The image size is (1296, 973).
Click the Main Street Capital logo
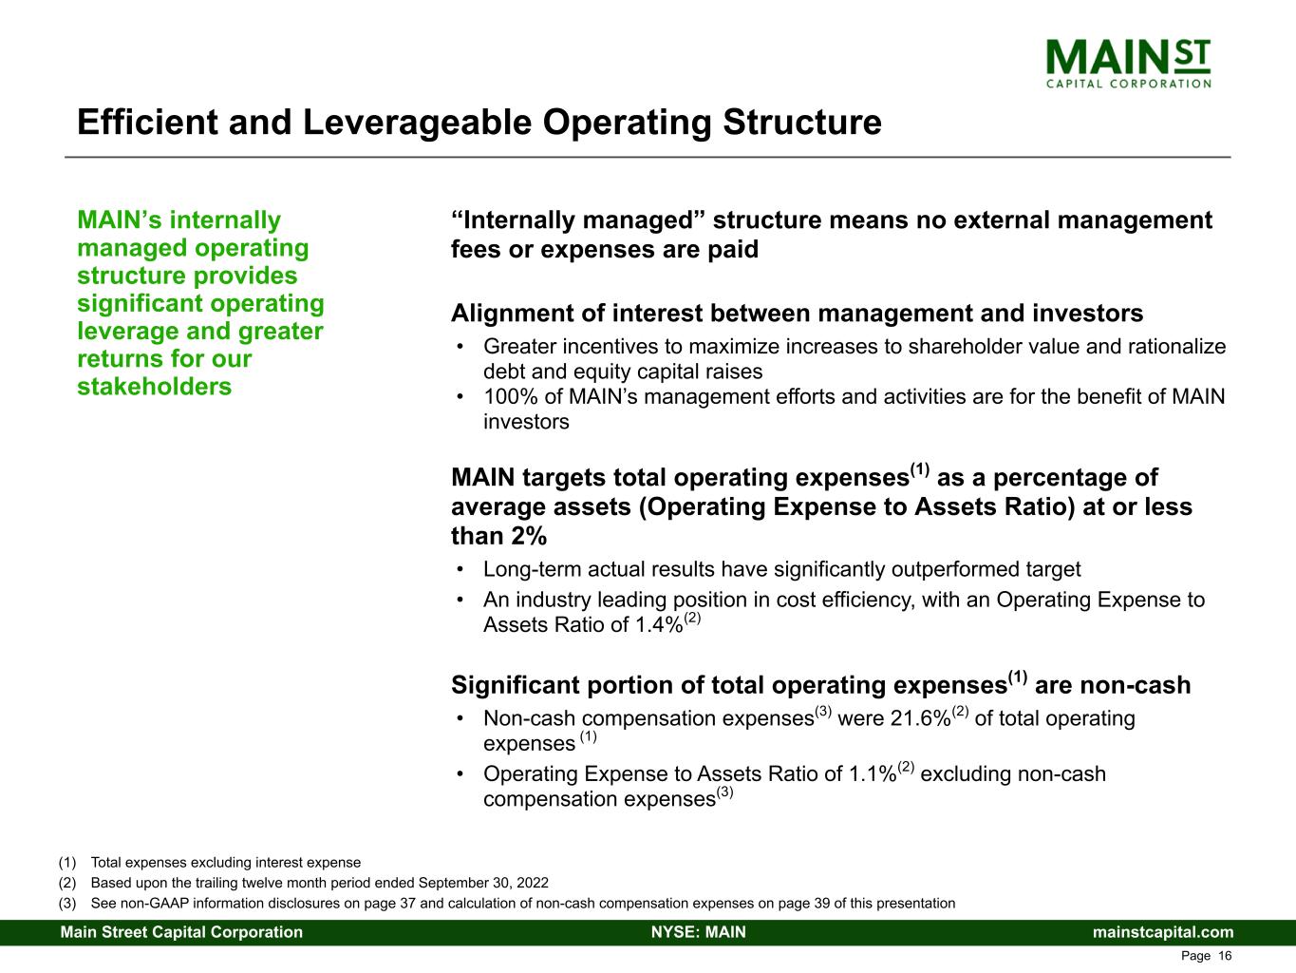[1128, 64]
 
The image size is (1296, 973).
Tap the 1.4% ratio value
[658, 625]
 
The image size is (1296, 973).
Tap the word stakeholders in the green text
[154, 387]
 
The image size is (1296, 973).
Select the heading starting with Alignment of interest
[797, 314]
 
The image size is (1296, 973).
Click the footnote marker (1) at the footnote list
[66, 863]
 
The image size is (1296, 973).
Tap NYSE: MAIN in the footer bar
[698, 932]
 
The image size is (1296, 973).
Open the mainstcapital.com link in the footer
[1163, 932]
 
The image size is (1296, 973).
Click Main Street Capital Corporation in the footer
[181, 932]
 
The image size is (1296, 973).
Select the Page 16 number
[1206, 956]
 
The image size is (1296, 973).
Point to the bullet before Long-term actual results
[461, 570]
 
